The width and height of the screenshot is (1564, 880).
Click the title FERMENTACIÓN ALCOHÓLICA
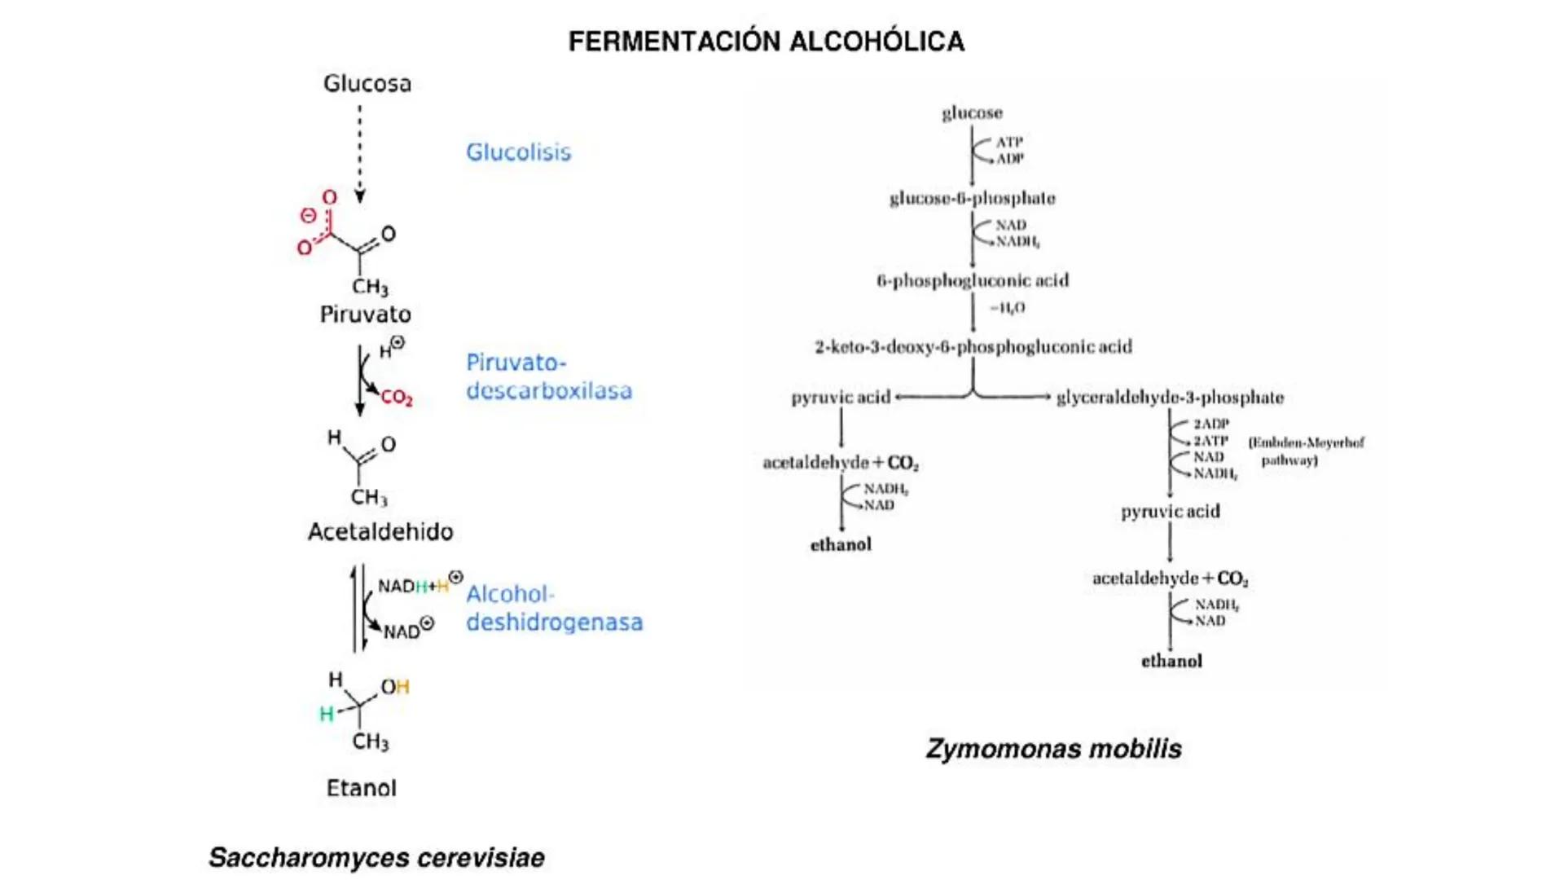(x=766, y=42)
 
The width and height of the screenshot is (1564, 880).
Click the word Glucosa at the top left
(x=367, y=84)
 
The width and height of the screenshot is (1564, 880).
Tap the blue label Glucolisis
(x=518, y=152)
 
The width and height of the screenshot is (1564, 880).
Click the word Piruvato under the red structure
(x=365, y=315)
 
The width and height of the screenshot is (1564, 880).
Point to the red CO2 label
(x=397, y=398)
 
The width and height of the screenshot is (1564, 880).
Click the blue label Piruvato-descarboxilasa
(x=548, y=376)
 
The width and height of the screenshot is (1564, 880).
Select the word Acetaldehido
(x=380, y=532)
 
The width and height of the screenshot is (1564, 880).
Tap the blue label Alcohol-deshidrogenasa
(x=554, y=608)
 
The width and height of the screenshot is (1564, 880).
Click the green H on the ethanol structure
(x=326, y=715)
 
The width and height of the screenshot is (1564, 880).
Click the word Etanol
(x=362, y=788)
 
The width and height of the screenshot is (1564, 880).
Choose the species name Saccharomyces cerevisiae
(x=376, y=857)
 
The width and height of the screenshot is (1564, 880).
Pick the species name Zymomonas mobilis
(x=1053, y=748)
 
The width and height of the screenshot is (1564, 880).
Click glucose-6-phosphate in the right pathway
(x=972, y=198)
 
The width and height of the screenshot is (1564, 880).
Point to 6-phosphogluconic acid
(x=973, y=280)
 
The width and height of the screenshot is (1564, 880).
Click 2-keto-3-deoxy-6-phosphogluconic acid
(x=973, y=347)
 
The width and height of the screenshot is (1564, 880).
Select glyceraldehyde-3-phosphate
(x=1170, y=398)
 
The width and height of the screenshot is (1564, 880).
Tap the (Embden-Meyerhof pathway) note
(x=1306, y=451)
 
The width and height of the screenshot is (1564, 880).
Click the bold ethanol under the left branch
(x=841, y=544)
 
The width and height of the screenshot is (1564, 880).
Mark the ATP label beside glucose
(x=1008, y=142)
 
